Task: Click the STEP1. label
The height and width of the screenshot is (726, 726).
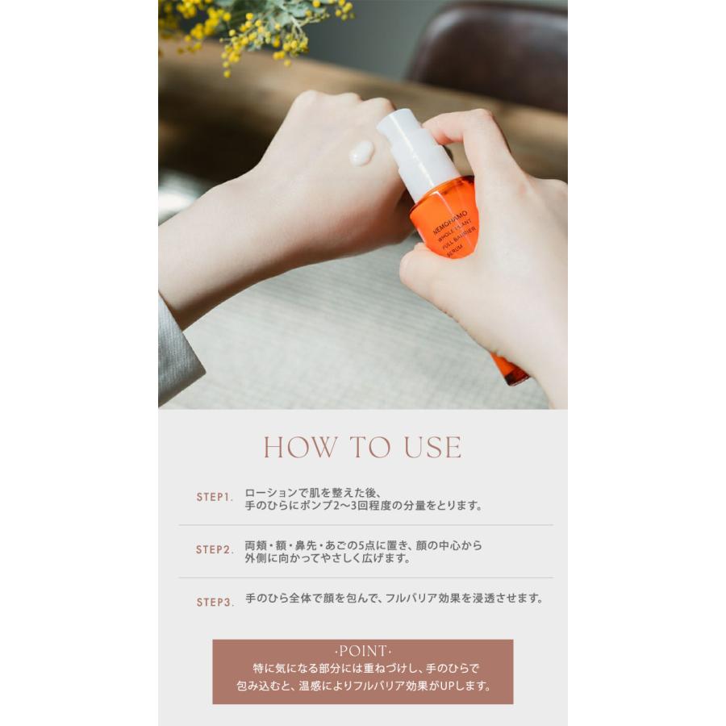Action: [x=215, y=497]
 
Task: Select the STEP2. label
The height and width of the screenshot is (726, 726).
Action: [x=215, y=549]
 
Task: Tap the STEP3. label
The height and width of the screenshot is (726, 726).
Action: [x=215, y=603]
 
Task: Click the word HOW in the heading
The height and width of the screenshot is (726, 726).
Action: [x=300, y=447]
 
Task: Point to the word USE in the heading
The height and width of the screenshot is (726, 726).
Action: [x=432, y=447]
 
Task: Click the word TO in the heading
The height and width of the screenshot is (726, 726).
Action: [x=370, y=447]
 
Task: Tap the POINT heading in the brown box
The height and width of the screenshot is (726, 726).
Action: [x=363, y=651]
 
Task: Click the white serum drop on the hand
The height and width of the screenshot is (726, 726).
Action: [x=361, y=152]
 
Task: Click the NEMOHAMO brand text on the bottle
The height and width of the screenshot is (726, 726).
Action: [x=450, y=223]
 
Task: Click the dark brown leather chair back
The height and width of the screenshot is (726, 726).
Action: [x=490, y=51]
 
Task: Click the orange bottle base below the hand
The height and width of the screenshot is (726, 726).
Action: [x=509, y=369]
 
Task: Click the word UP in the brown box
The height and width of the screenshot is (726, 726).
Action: [x=449, y=686]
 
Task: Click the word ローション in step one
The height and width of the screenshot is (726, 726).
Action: [x=271, y=493]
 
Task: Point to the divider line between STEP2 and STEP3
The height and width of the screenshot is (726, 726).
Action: [x=365, y=578]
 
